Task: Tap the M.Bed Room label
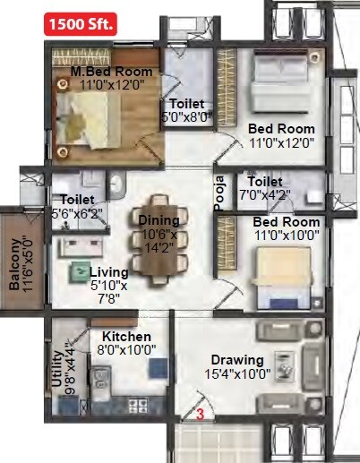(x=112, y=71)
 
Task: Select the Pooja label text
(x=218, y=192)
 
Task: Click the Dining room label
(x=159, y=220)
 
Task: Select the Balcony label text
(x=15, y=266)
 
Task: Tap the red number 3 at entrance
(x=201, y=415)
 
